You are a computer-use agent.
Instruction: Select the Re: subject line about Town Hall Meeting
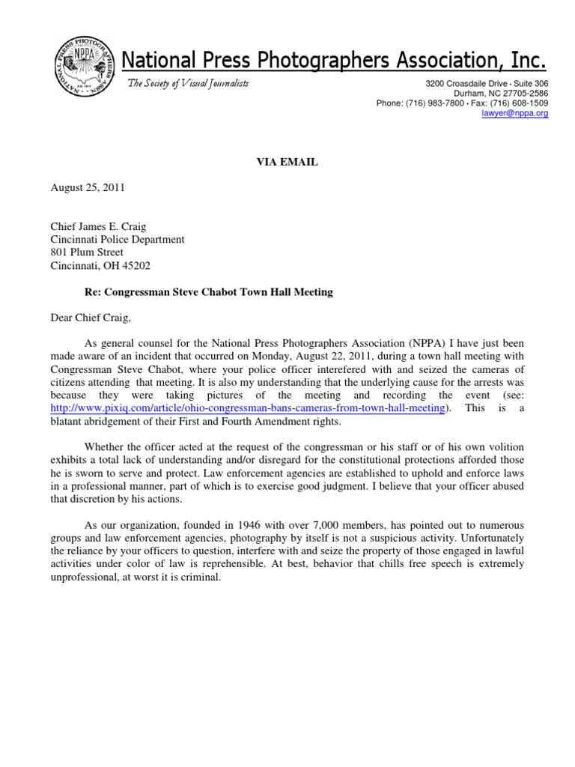207,292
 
